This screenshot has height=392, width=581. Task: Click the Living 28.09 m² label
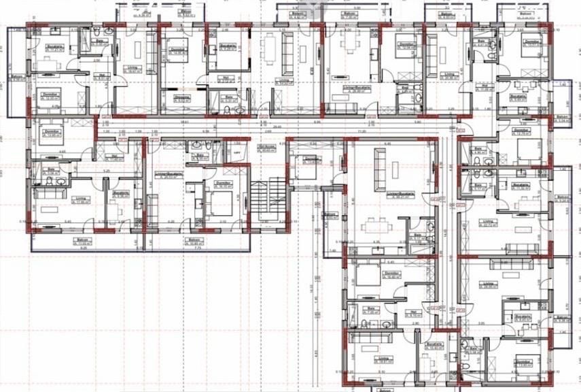(488, 285)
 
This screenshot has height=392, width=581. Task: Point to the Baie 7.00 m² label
(372, 311)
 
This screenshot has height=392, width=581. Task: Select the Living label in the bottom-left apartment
(81, 199)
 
